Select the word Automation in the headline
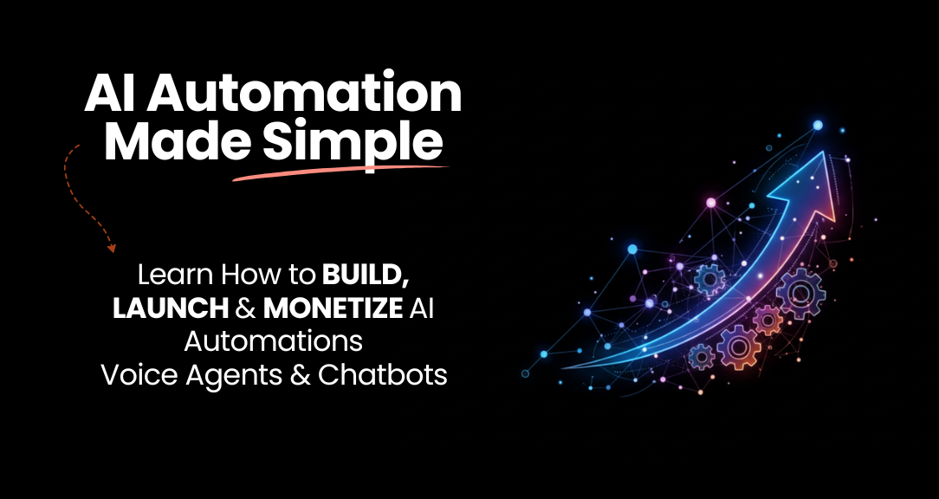click(x=305, y=94)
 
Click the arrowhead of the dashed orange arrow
click(x=112, y=247)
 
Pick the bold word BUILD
click(x=366, y=275)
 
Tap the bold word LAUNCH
click(x=171, y=308)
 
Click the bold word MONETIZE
click(x=333, y=308)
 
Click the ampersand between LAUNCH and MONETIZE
click(x=245, y=308)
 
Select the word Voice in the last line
click(x=139, y=376)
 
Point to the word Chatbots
click(x=383, y=376)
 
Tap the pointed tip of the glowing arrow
click(x=826, y=152)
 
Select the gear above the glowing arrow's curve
click(x=710, y=279)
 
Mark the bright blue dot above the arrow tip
click(x=818, y=126)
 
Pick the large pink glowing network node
click(x=711, y=203)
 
